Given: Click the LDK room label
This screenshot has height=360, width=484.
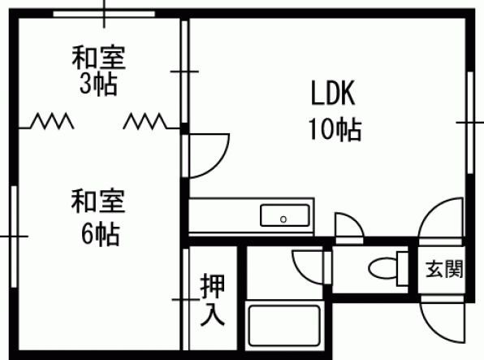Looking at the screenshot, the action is (x=333, y=93).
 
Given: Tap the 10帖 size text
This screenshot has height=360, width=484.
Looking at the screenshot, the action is (x=335, y=129).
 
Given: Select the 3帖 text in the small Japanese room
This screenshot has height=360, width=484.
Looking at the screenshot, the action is (x=98, y=84).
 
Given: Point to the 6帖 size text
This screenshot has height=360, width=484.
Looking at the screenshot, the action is (x=101, y=234).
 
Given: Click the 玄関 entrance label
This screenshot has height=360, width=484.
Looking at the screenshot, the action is (x=444, y=269).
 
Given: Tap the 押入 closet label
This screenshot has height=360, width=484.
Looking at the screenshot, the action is (x=213, y=300).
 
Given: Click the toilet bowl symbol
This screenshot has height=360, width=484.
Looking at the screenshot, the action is (x=382, y=268).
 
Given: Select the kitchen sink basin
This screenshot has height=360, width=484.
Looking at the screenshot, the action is (x=285, y=215).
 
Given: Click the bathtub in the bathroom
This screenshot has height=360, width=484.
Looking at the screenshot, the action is (x=284, y=326).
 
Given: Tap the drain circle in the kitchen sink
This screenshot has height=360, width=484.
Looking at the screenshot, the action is (x=283, y=219).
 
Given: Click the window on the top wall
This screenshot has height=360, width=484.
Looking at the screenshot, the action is (x=104, y=14).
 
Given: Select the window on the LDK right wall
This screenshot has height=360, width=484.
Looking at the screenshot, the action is (x=470, y=123).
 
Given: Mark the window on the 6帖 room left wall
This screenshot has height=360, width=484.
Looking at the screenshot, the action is (x=14, y=236).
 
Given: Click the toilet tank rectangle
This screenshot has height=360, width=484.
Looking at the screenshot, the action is (x=403, y=268).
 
